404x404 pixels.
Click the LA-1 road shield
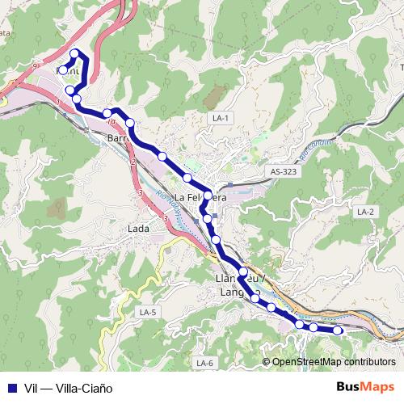221,118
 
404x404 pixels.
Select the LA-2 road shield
365,211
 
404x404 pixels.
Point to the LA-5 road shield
147,312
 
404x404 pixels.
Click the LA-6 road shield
204,363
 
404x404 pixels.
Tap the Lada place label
138,229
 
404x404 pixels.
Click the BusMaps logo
365,387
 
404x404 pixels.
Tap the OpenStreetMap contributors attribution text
334,362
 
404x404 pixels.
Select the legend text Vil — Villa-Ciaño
69,388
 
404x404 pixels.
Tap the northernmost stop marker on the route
75,54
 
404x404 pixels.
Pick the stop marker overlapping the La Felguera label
208,196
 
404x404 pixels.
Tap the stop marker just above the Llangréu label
242,271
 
